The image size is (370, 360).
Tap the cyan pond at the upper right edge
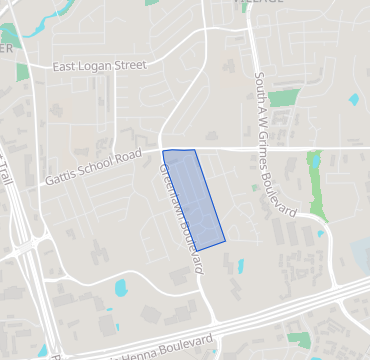[354, 100]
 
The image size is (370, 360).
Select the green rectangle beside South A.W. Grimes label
[284, 98]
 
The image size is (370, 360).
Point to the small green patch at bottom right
[299, 340]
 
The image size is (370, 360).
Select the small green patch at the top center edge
[152, 3]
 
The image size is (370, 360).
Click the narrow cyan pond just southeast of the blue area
[240, 267]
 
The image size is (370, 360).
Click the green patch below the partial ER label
[22, 72]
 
